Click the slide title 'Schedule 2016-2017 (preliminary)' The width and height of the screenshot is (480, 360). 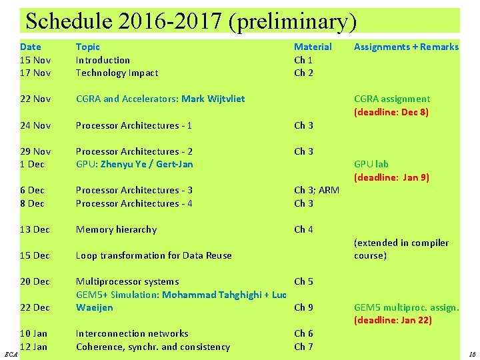click(x=191, y=21)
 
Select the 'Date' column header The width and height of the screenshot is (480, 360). click(x=30, y=47)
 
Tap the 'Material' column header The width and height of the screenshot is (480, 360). click(x=313, y=47)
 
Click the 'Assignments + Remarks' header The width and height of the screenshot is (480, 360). click(x=406, y=47)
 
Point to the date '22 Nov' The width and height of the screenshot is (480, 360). click(x=35, y=99)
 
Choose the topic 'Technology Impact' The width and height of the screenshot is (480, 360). click(x=117, y=73)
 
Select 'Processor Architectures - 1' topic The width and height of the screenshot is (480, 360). click(x=133, y=125)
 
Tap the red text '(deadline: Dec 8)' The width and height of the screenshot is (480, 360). click(x=391, y=112)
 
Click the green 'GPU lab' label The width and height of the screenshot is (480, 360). click(x=371, y=164)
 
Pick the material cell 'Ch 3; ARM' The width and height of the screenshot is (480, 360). click(x=317, y=190)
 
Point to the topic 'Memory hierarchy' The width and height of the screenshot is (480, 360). click(x=116, y=229)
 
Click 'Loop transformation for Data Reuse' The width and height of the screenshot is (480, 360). click(x=153, y=255)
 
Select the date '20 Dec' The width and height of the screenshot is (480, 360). click(x=35, y=281)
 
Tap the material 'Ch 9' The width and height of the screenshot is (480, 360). click(x=303, y=307)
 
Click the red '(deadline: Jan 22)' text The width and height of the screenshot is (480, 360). click(x=393, y=321)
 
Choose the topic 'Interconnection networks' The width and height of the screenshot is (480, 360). click(x=132, y=333)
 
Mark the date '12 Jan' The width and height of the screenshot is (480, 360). click(x=33, y=347)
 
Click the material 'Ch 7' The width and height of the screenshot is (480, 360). click(x=303, y=347)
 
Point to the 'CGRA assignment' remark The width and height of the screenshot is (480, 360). click(x=392, y=99)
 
